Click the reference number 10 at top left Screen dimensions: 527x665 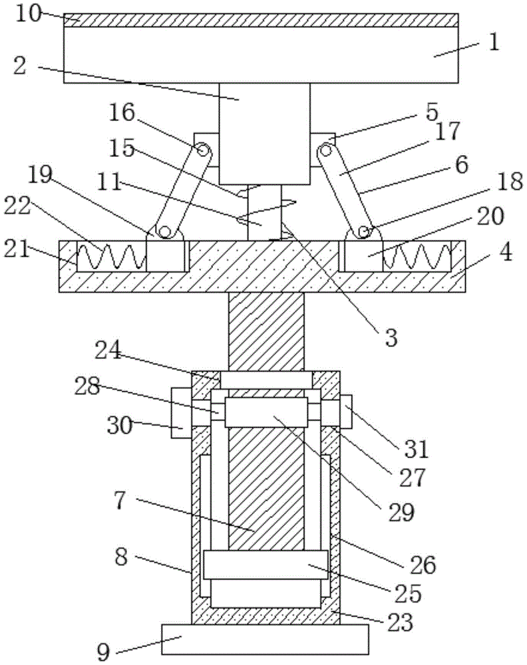click(29, 14)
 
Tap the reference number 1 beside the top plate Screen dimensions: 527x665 click(494, 43)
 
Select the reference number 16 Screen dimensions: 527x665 click(122, 113)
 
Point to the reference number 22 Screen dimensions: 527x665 click(18, 206)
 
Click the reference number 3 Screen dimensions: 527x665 click(391, 338)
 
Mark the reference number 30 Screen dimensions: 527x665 click(120, 425)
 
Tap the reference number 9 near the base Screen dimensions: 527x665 click(103, 652)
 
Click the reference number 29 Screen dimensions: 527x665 click(401, 512)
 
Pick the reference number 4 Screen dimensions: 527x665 click(505, 252)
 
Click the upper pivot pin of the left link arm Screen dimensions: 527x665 click(202, 150)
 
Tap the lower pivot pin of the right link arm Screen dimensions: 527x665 click(363, 232)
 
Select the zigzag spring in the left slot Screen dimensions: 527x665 click(112, 257)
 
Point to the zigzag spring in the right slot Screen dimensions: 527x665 click(417, 257)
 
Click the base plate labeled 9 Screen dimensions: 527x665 click(265, 638)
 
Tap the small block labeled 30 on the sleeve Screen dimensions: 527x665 click(181, 413)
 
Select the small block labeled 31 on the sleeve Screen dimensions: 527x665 click(346, 412)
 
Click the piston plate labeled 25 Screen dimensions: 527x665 click(265, 565)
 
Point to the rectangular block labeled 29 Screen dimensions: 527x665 click(266, 412)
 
